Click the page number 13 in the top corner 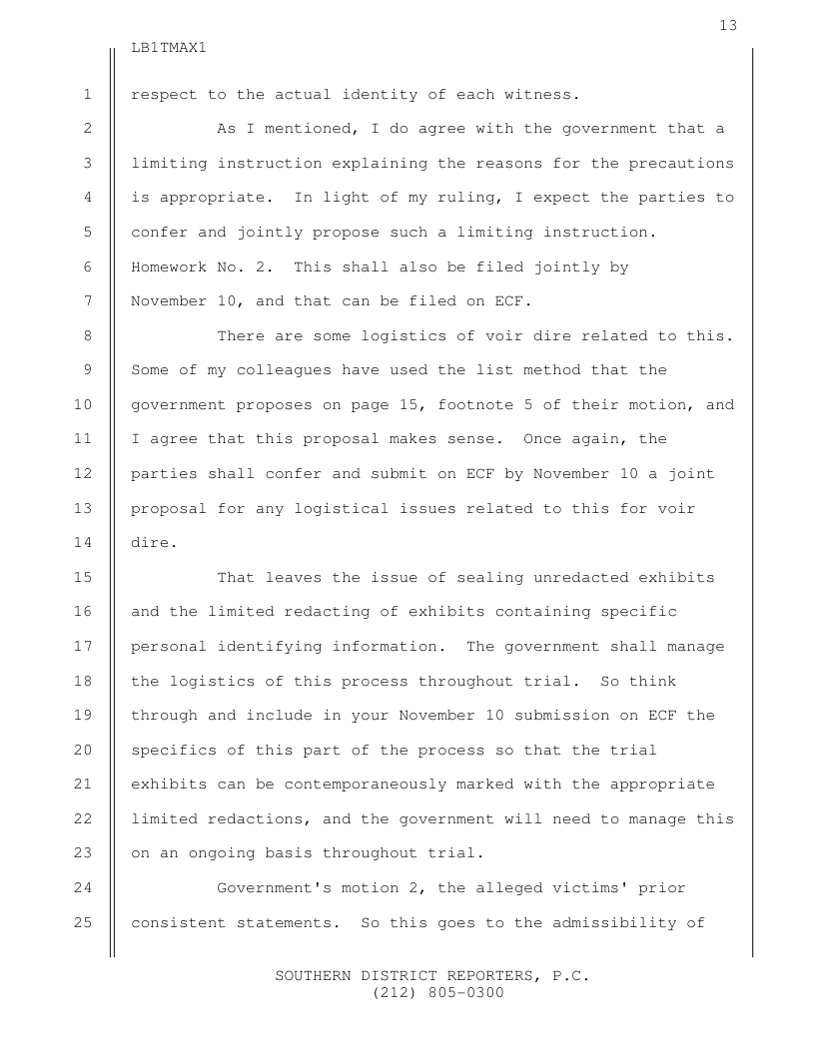coord(728,25)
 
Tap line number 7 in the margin coord(88,300)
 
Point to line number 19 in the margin coord(83,716)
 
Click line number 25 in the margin coord(83,922)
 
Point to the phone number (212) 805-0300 coord(431,993)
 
